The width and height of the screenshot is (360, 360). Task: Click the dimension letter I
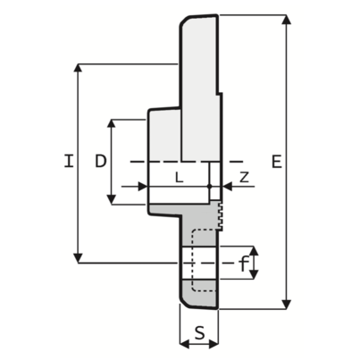click(x=68, y=162)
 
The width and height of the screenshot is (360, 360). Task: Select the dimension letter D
click(x=100, y=161)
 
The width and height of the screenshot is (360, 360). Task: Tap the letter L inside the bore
click(x=179, y=177)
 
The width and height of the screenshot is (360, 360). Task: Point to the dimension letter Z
click(x=244, y=177)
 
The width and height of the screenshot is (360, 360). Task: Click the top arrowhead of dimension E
click(x=286, y=19)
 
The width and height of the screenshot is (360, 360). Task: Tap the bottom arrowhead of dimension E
click(x=286, y=306)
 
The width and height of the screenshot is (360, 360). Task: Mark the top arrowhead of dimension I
click(x=80, y=67)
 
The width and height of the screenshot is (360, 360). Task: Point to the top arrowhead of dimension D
click(x=112, y=122)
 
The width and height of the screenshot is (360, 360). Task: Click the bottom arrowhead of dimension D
click(x=112, y=201)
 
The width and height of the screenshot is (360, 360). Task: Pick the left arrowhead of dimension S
click(x=183, y=342)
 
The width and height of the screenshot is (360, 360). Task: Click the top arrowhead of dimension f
click(x=255, y=249)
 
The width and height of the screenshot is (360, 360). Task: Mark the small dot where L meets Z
click(x=209, y=187)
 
